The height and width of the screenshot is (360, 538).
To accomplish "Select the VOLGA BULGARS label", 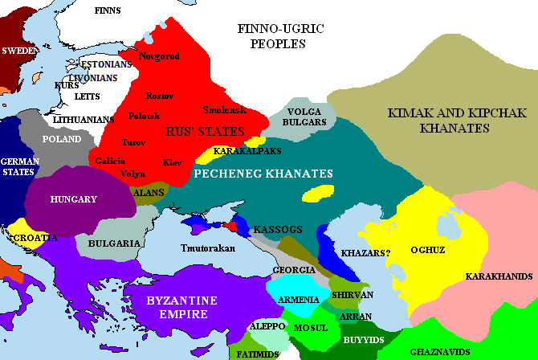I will coord(305,117).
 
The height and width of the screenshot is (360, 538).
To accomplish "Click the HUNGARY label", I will coord(73,199).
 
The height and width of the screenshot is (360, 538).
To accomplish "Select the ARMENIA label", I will coord(299,300).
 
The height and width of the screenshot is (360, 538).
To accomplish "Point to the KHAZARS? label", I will coord(365,252).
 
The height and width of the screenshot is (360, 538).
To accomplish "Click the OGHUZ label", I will coord(429,249).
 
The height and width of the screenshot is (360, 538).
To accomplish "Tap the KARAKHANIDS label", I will coord(499,276).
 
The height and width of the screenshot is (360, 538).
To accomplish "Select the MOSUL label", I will coord(311,329).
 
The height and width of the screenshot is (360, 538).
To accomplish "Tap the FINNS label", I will coord(108,10).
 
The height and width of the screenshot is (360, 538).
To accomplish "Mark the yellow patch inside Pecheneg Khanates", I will coord(319,193).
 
